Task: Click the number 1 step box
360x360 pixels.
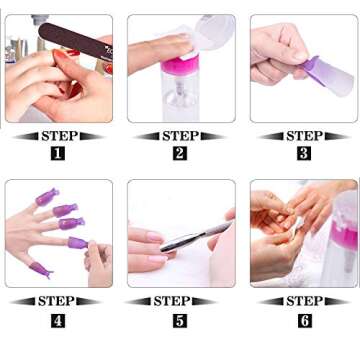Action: pyautogui.click(x=58, y=153)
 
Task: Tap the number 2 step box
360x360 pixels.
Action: pyautogui.click(x=180, y=153)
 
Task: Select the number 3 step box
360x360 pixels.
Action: pyautogui.click(x=304, y=153)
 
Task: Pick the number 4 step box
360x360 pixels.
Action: pyautogui.click(x=58, y=320)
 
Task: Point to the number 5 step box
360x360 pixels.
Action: pyautogui.click(x=180, y=320)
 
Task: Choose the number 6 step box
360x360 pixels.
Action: pyautogui.click(x=304, y=320)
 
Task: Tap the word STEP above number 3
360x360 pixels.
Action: pyautogui.click(x=304, y=135)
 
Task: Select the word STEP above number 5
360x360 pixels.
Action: pyautogui.click(x=180, y=301)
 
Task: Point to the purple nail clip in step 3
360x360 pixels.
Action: pyautogui.click(x=325, y=72)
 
